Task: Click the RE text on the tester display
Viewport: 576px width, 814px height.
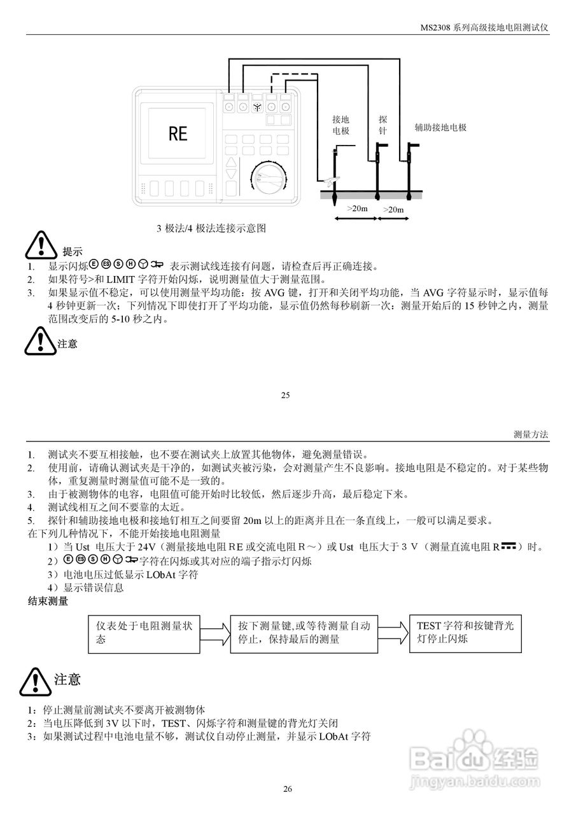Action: coord(178,134)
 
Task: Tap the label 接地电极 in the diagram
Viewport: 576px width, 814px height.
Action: coord(341,125)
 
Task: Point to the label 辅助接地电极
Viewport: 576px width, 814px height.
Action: coord(440,127)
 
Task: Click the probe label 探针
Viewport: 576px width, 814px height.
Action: coord(383,125)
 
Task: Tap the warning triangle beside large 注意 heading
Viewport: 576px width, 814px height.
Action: coord(35,681)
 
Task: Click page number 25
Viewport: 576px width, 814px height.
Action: coord(285,395)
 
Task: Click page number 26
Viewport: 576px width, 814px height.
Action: coord(288,789)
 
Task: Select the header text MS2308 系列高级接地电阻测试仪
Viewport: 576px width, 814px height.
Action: coord(484,29)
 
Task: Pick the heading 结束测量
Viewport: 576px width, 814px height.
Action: coord(48,600)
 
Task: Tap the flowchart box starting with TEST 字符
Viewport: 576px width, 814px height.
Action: coord(465,633)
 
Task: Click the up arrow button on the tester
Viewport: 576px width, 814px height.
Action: coord(232,163)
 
